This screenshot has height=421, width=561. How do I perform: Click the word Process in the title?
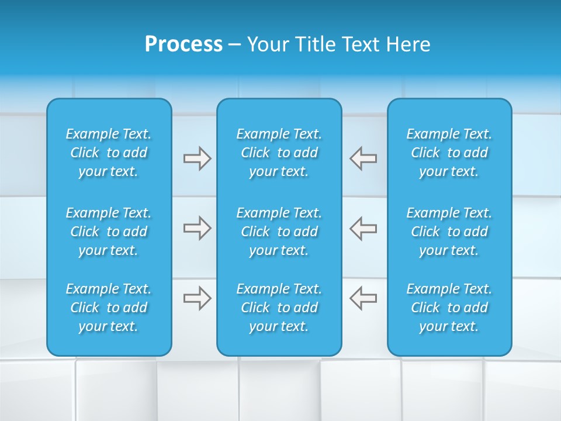[183, 44]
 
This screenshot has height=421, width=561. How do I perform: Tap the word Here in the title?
[408, 44]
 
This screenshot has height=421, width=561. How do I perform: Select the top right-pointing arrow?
[197, 158]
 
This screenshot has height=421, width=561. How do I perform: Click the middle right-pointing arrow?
[197, 228]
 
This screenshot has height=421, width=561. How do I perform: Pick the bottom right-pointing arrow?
[197, 298]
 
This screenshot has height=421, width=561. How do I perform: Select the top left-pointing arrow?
[363, 158]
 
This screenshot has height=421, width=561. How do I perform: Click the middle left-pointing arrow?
[363, 228]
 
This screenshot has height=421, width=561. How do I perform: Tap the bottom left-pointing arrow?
[363, 298]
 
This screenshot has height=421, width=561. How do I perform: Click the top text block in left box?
[109, 153]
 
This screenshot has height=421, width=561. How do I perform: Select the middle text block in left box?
[109, 232]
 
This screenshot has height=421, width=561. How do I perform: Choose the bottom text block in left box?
[109, 308]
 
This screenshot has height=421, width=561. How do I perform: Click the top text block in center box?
[279, 153]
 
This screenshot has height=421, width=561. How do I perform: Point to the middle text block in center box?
[279, 232]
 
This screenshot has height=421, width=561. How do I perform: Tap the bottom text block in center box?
[279, 308]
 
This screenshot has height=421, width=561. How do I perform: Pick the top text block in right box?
[449, 153]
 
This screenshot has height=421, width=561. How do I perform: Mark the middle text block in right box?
[449, 232]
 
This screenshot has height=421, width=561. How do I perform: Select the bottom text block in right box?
[449, 308]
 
